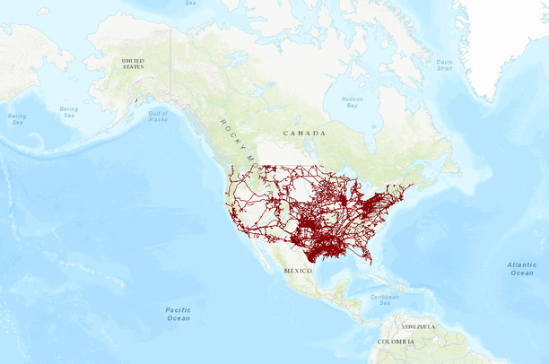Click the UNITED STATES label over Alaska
[x=132, y=65]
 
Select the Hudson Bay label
[x=353, y=102]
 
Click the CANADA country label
[x=304, y=133]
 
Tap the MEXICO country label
[x=297, y=270]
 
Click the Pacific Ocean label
[x=178, y=314]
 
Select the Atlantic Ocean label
[x=521, y=268]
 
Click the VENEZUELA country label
[x=419, y=327]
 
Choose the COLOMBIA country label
[x=396, y=342]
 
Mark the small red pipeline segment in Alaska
[x=134, y=101]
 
